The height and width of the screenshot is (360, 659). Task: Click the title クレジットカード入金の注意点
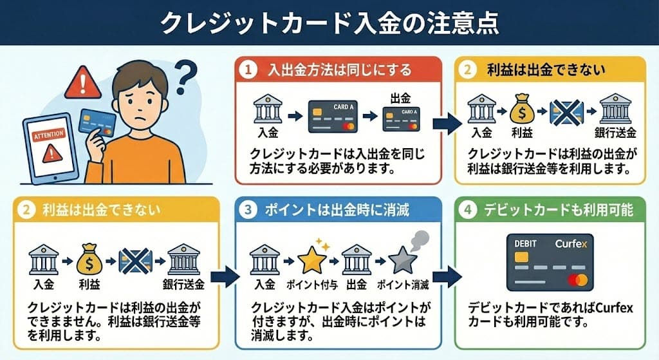coord(329,23)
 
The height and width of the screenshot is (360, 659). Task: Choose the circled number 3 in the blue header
coord(248,210)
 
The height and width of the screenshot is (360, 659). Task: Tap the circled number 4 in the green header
coord(469,210)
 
